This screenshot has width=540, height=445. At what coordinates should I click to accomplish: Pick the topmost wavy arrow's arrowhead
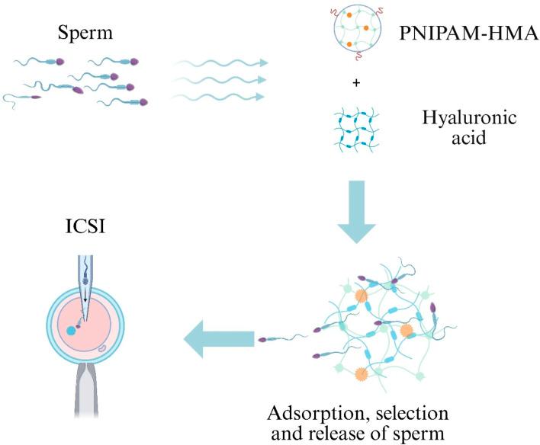coord(262,63)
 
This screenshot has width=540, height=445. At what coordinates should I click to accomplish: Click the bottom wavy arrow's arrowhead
coord(262,96)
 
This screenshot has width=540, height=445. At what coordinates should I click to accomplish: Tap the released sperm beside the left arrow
coord(278,336)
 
